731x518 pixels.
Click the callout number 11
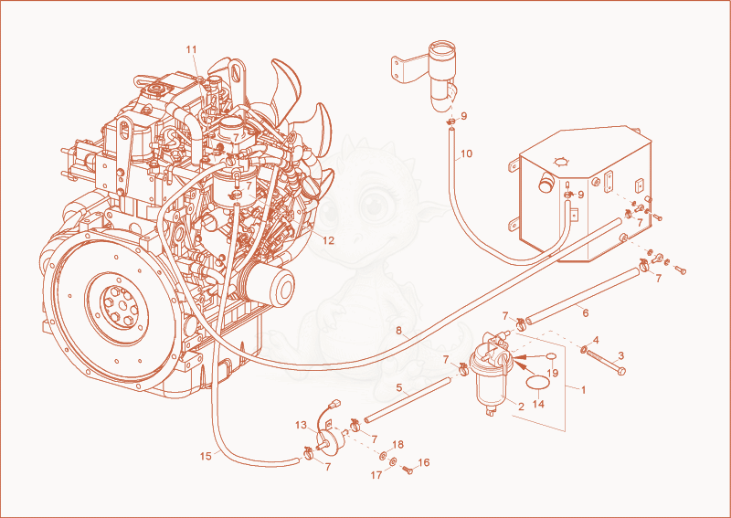192,49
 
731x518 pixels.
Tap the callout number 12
329,240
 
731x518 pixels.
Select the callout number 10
467,153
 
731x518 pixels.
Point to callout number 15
206,457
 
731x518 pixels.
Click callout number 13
302,425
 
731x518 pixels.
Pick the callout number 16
424,462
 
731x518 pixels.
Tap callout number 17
376,475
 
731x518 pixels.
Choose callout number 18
397,444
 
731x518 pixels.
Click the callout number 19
553,374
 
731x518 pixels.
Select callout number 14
538,404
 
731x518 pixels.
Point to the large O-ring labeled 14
537,383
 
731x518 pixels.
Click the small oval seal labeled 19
551,356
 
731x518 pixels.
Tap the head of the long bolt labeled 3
620,371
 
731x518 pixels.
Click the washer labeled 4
584,348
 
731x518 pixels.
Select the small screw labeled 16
409,470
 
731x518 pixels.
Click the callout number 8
399,331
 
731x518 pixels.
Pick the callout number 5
399,387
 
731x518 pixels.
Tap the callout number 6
586,312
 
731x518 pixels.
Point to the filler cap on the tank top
561,162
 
